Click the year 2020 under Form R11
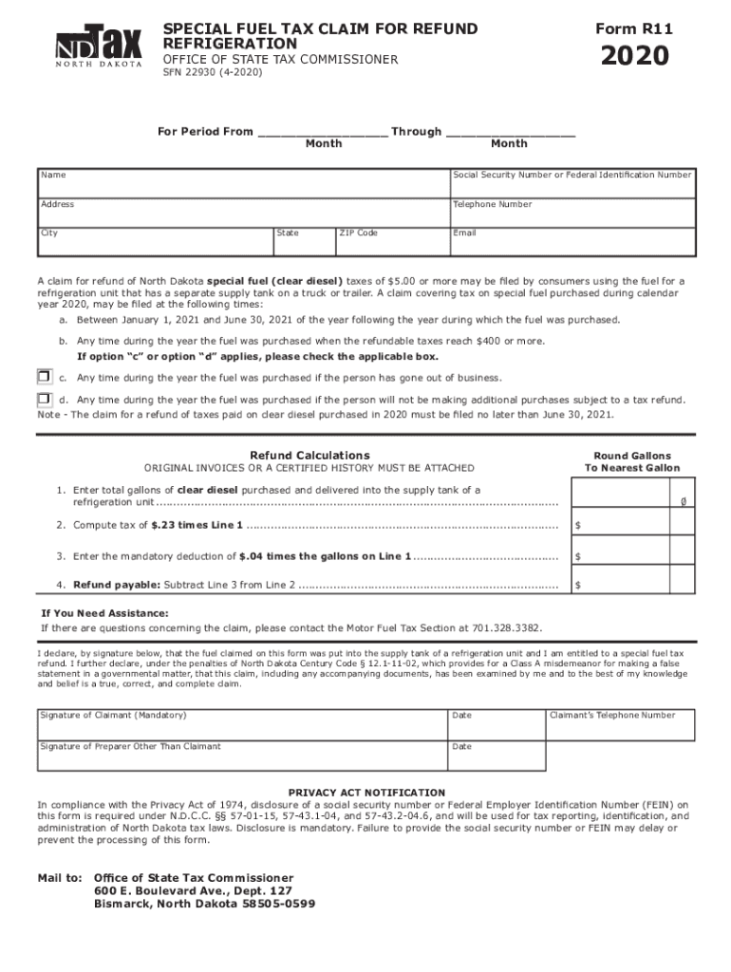point(633,58)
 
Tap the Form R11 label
point(633,29)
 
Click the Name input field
point(243,181)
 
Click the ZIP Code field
point(391,241)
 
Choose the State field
point(303,241)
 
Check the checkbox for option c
point(44,377)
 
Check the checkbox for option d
point(44,400)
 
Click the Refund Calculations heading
point(309,456)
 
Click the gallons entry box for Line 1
point(631,495)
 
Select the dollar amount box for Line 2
point(631,525)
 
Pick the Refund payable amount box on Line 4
point(631,585)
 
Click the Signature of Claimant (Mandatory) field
point(241,723)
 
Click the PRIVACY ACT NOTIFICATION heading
point(366,792)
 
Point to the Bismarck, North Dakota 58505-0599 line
point(204,904)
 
